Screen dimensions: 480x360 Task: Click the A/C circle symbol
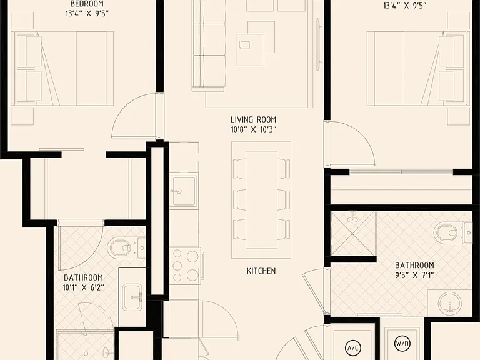[353, 348]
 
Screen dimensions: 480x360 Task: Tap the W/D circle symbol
[402, 344]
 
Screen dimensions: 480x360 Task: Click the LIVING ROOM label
[254, 119]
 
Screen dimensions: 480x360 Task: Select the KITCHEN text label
[261, 271]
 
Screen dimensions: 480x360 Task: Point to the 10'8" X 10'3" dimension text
[254, 129]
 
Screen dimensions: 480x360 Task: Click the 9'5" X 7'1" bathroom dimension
[414, 275]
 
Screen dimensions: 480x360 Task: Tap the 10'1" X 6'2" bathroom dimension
[83, 287]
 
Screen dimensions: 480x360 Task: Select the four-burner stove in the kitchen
[186, 265]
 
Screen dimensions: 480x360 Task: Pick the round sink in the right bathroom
[450, 303]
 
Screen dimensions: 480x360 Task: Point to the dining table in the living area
[261, 200]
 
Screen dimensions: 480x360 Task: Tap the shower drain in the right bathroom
[352, 234]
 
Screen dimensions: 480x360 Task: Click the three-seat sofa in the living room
[209, 46]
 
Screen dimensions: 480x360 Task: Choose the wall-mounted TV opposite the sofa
[318, 45]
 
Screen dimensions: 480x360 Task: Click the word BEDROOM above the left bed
[87, 4]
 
